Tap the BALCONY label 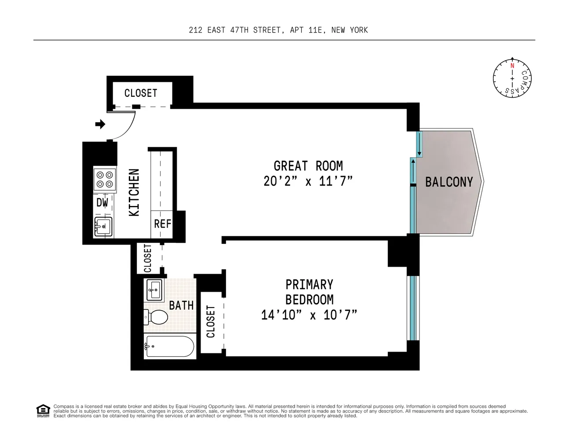point(449,182)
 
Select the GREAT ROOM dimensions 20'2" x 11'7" point(308,181)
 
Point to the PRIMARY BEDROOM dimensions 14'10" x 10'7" point(309,315)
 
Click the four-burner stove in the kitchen point(105,180)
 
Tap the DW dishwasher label point(102,203)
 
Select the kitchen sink point(103,227)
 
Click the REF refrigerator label point(162,224)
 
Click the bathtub point(169,346)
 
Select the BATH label point(181,305)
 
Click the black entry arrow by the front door point(100,124)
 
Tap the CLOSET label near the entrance point(141,93)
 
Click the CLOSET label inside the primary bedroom point(211,322)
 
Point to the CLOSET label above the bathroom point(148,258)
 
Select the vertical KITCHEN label point(134,193)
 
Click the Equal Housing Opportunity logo point(43,411)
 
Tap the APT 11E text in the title point(306,30)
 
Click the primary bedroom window point(412,308)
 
